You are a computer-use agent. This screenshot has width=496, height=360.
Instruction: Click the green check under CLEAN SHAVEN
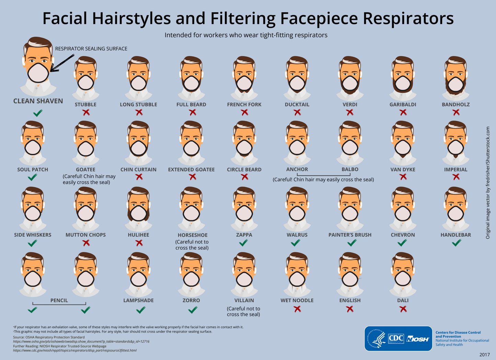click(38, 113)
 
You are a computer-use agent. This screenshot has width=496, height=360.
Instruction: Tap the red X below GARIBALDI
click(403, 112)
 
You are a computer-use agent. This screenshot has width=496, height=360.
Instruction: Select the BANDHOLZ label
click(455, 104)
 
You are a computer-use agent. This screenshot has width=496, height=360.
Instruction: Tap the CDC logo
click(396, 338)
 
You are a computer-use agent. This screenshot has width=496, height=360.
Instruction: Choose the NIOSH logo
click(417, 339)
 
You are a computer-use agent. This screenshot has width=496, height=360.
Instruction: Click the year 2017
click(485, 355)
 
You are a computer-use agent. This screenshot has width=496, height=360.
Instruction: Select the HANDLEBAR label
click(455, 235)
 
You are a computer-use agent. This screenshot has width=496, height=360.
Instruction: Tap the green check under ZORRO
click(193, 310)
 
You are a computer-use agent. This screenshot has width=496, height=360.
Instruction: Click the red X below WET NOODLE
click(297, 309)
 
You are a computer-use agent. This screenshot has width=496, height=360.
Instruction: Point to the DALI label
click(403, 300)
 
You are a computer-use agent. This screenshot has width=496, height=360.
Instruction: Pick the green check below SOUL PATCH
click(33, 177)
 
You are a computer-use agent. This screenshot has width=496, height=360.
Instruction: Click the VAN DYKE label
click(403, 169)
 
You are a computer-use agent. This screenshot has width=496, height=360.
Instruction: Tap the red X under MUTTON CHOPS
click(86, 243)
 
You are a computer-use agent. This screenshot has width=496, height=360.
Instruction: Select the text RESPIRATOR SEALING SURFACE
click(91, 49)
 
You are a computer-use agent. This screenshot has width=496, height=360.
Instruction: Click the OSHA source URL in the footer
click(81, 341)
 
